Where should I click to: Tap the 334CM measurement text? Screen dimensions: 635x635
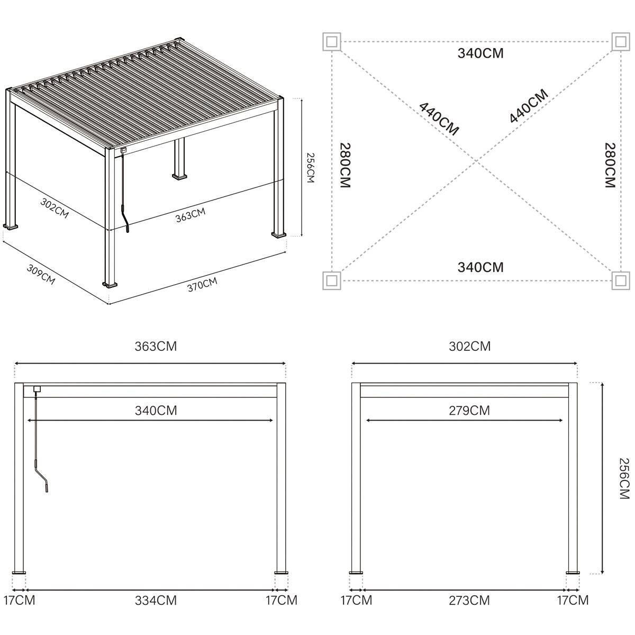[x=156, y=601]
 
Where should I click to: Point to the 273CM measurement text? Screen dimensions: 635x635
[x=469, y=601]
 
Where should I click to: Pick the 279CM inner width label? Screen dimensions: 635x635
[x=469, y=410]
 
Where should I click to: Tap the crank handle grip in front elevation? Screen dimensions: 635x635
[x=46, y=486]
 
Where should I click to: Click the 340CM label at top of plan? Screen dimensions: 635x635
[x=480, y=53]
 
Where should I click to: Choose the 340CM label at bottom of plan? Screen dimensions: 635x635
[x=480, y=267]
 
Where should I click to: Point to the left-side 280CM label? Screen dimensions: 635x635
[x=345, y=166]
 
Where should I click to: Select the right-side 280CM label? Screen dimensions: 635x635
[x=610, y=166]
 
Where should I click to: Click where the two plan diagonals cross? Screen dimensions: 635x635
[x=476, y=160]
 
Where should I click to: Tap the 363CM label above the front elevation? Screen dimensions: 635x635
[x=156, y=346]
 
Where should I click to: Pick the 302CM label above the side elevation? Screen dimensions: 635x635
[x=469, y=346]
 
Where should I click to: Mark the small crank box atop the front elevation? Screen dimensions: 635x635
[x=37, y=388]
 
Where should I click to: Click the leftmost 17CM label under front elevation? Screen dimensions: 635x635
[x=19, y=601]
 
